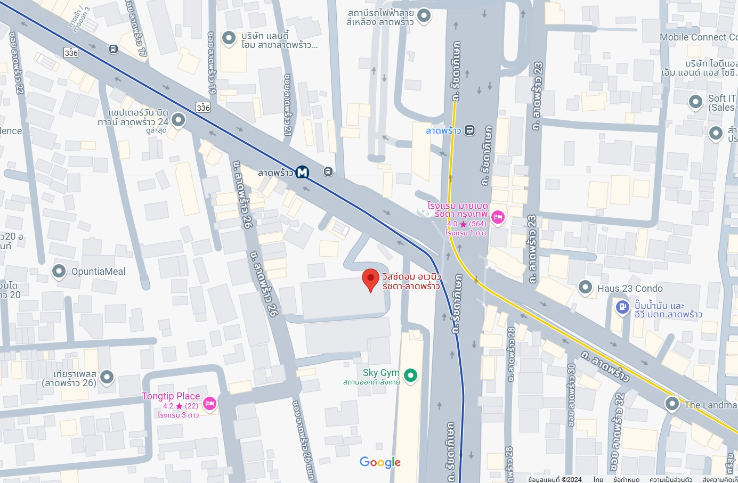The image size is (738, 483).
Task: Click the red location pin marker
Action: point(370,279)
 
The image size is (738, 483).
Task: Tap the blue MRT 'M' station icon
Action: point(302,172)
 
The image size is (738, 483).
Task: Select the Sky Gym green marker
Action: point(410,375)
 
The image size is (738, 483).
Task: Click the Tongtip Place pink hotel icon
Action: point(210,404)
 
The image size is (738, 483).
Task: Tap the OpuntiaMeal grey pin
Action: point(59,271)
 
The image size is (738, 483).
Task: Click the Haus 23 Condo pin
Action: point(585,287)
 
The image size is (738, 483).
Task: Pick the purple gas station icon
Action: point(622,307)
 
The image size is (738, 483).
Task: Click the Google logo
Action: point(380,462)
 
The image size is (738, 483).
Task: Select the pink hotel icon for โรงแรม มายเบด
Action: point(498,217)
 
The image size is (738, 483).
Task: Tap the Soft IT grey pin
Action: point(695,101)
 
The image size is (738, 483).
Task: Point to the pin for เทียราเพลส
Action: point(107,377)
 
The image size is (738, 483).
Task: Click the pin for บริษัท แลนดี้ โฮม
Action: point(229,37)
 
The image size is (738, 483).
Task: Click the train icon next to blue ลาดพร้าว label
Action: point(469,130)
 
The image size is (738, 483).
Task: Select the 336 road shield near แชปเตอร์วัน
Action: point(203,108)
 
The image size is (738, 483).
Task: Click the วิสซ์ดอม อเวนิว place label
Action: point(411,281)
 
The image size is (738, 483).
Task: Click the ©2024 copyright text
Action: point(555,479)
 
